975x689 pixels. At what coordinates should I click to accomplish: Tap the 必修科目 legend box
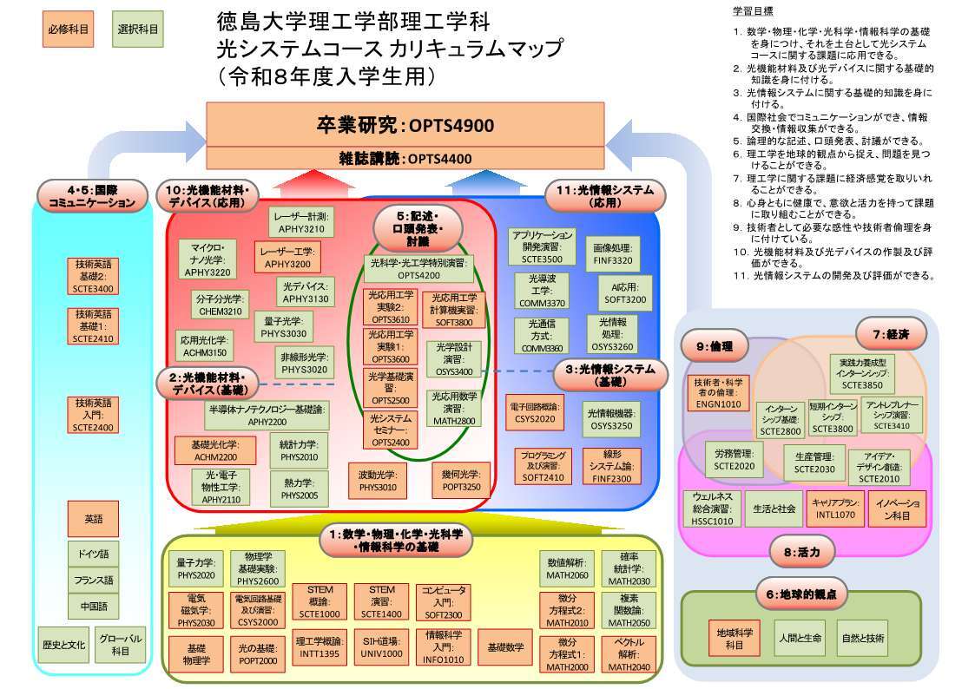tap(69, 29)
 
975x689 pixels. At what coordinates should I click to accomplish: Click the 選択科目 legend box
tap(137, 29)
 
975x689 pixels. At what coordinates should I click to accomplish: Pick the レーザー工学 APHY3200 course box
tap(287, 257)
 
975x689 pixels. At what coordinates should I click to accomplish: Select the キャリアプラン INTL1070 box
tap(835, 509)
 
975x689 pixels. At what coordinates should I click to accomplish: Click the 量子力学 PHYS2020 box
tap(195, 568)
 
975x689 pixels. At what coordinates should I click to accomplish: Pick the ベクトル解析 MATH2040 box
tap(629, 654)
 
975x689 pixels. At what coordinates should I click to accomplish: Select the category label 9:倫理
tap(715, 346)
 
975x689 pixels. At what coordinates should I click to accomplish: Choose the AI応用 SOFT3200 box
tap(625, 293)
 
